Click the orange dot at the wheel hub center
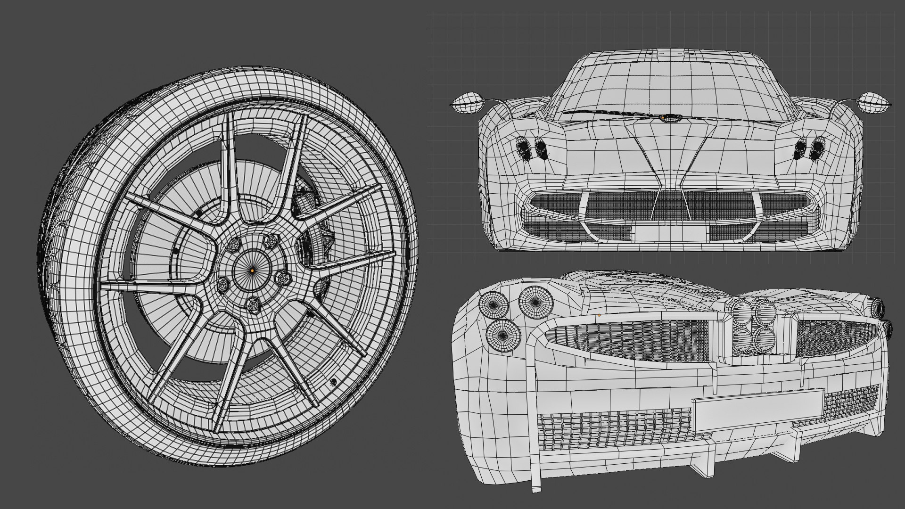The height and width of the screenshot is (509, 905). click(x=253, y=271)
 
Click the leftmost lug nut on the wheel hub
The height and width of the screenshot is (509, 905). click(x=222, y=284)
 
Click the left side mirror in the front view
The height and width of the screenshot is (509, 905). click(x=468, y=104)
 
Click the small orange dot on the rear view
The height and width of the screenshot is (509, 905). click(x=599, y=314)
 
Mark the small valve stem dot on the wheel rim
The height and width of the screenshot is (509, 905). click(x=334, y=381)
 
